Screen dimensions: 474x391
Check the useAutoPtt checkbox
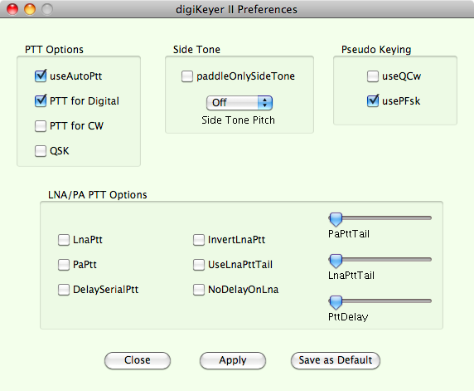pos(41,76)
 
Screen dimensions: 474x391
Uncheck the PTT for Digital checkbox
pos(41,101)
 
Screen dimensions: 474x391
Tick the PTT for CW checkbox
pos(41,126)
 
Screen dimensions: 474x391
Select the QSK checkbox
pos(41,151)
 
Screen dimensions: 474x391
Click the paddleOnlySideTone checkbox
pos(187,76)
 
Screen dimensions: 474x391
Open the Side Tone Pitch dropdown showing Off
pos(239,103)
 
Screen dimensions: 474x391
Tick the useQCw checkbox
pos(373,76)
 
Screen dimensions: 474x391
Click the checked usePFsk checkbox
pos(373,101)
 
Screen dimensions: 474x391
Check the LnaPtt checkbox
pos(64,240)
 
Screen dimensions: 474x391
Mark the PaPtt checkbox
pos(64,265)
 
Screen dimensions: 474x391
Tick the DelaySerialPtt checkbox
pos(64,290)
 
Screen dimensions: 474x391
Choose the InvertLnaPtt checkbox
pos(199,240)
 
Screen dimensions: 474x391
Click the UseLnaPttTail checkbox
pos(199,265)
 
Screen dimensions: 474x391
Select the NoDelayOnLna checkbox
pos(199,290)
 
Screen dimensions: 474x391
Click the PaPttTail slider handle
pos(336,219)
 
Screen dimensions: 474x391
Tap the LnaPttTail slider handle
pos(336,261)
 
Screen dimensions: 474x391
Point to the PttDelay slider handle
pos(336,302)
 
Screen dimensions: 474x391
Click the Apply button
pos(233,360)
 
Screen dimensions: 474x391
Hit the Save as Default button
pos(336,360)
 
